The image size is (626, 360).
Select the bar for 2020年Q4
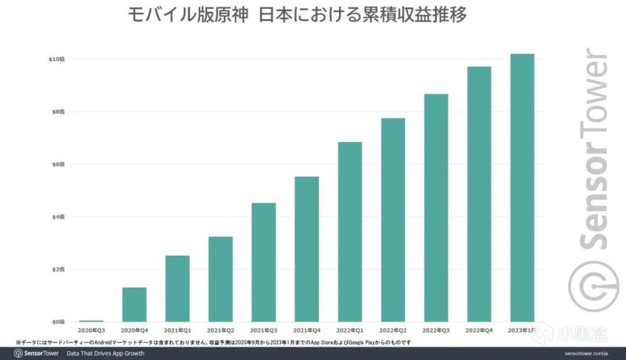134,304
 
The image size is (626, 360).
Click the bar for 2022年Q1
350,232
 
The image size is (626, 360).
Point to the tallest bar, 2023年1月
522,188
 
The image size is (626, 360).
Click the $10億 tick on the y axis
56,59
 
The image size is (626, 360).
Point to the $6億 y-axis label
57,164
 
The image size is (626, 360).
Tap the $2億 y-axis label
57,269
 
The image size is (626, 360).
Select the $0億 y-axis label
57,322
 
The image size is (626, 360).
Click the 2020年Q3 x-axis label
91,330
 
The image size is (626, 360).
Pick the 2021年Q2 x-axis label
220,330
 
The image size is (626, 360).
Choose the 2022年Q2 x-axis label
393,330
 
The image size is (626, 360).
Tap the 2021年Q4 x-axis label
306,330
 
